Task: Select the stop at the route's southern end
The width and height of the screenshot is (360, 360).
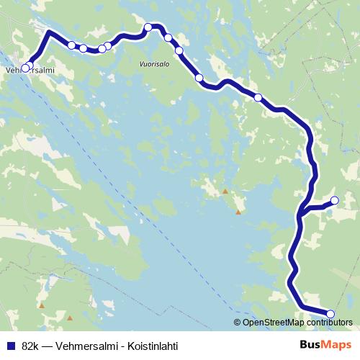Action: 330,313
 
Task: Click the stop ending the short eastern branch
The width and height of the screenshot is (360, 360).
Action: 334,200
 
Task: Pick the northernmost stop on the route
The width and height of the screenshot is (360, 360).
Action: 148,27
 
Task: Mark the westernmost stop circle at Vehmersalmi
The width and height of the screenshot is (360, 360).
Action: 25,68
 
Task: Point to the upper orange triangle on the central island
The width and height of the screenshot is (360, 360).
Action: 225,191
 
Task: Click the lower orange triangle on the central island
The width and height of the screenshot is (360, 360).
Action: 238,212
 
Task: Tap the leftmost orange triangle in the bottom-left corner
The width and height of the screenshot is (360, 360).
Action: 42,306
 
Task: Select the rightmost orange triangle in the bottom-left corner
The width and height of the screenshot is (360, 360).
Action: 70,318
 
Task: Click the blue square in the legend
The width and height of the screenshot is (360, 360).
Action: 9,346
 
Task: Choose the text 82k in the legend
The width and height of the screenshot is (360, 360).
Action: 30,346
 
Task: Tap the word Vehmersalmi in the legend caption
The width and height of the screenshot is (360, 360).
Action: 82,346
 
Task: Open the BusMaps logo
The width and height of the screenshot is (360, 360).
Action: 325,346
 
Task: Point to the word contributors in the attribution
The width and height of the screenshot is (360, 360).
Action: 328,323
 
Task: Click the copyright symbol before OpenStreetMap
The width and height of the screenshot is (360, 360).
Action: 238,323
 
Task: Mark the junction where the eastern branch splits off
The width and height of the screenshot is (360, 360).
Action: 303,211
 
